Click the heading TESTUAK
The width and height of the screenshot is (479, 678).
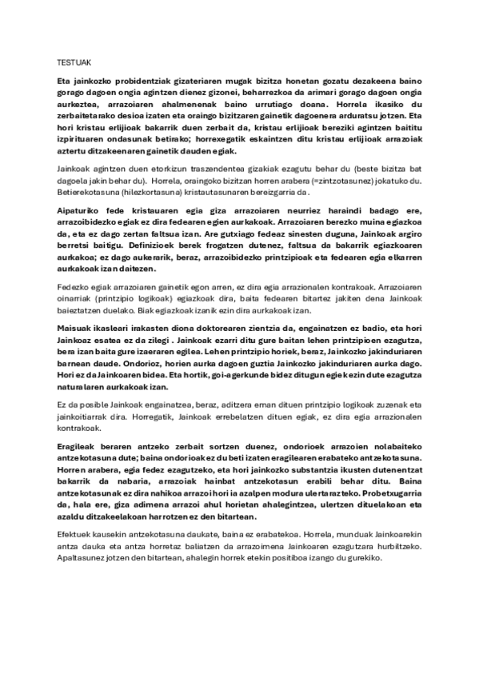pyautogui.click(x=72, y=62)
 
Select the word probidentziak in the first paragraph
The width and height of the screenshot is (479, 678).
pyautogui.click(x=129, y=82)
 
